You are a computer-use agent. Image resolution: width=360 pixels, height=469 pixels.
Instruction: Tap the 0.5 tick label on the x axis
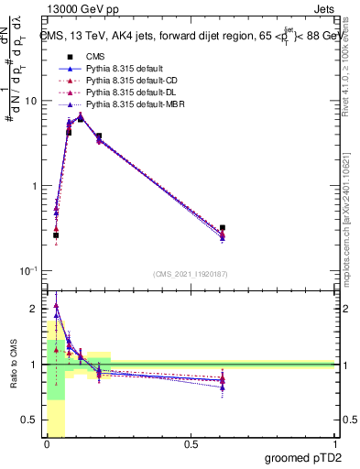(191, 444)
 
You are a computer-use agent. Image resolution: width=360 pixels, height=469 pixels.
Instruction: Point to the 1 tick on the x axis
(334, 444)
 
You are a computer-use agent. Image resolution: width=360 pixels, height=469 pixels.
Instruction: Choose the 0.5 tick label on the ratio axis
(33, 420)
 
